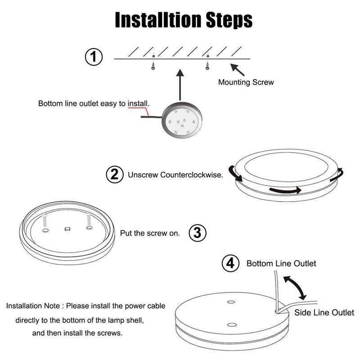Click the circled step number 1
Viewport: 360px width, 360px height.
click(x=94, y=58)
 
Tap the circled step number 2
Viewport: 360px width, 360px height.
click(x=114, y=175)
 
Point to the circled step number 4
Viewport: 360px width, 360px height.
click(x=231, y=263)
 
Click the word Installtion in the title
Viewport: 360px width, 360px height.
click(x=155, y=20)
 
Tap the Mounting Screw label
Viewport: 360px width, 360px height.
click(x=246, y=82)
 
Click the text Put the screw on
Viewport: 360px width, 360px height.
click(x=150, y=233)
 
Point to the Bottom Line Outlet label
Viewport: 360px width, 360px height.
click(x=281, y=263)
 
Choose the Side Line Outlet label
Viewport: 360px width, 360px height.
click(x=324, y=313)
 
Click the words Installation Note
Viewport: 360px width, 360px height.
click(x=33, y=306)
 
